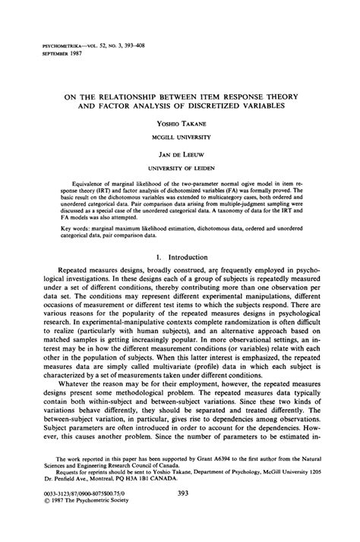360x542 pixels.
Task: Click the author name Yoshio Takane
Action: click(x=179, y=122)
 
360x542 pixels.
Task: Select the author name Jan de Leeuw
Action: click(x=179, y=153)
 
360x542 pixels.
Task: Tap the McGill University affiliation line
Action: click(x=179, y=137)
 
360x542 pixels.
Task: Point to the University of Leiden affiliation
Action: click(x=179, y=167)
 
